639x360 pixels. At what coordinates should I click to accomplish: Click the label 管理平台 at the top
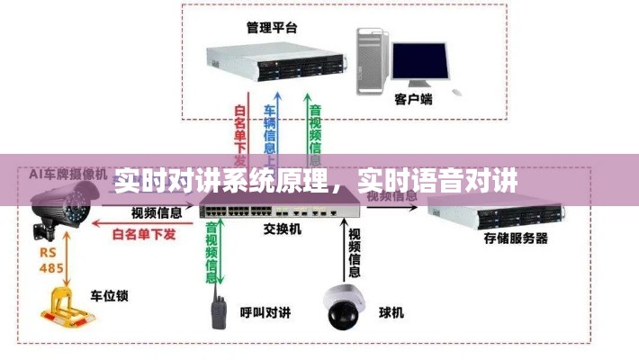pos(271,27)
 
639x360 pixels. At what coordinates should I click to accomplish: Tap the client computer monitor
pos(419,63)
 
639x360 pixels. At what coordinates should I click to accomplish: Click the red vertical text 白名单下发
pos(240,133)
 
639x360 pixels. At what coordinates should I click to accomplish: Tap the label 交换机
pos(283,230)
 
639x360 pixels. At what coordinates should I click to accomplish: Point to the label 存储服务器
pos(516,238)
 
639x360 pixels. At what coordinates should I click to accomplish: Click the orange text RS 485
pos(49,259)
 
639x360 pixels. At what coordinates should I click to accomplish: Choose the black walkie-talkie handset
pos(218,308)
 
